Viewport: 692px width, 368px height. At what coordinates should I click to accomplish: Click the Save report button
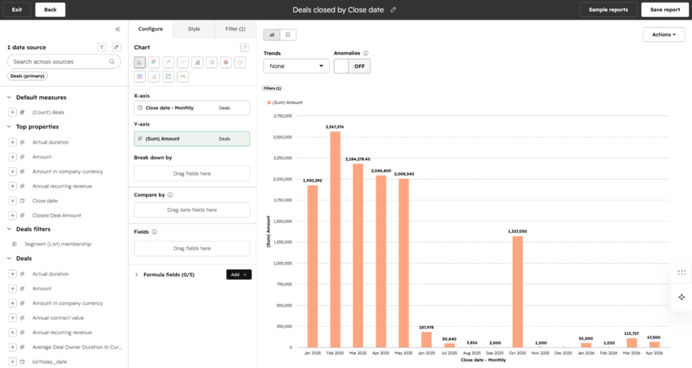coord(665,9)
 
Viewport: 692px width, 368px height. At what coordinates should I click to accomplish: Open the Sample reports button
coord(608,9)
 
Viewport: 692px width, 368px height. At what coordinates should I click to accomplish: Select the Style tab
coord(194,29)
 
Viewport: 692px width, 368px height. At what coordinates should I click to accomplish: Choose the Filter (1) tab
coord(235,29)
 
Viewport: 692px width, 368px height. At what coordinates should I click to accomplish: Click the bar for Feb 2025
coord(335,239)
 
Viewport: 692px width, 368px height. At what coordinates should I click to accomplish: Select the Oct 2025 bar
coord(518,292)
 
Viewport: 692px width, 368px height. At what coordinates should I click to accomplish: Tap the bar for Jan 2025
coord(312,266)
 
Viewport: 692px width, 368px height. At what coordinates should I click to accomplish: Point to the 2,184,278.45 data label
coord(358,159)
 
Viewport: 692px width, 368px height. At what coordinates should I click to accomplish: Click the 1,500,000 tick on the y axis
coord(283,221)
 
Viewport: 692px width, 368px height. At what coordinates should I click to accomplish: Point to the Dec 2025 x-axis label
coord(563,353)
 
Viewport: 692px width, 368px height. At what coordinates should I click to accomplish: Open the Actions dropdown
coord(664,34)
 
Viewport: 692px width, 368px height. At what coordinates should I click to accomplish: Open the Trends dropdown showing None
coord(296,66)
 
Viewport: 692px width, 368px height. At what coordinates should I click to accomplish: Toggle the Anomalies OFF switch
coord(352,66)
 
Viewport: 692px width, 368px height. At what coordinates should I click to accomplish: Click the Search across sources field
coord(64,61)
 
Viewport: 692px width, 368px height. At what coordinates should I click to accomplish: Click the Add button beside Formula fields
coord(239,275)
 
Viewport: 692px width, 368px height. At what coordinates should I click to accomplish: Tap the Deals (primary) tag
coord(27,76)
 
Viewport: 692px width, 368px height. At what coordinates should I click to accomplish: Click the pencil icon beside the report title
coord(393,9)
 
